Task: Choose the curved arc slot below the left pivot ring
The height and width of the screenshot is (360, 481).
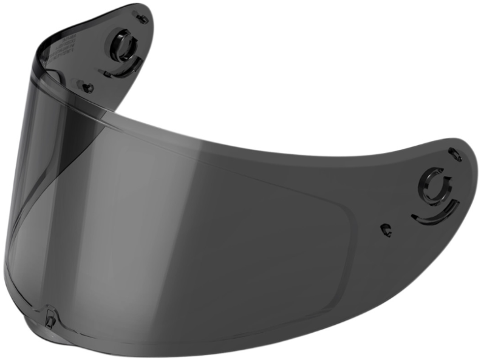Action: coord(125,70)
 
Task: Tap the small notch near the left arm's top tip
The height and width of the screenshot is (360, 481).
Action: coord(142,18)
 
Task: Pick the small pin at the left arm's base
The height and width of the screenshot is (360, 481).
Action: coord(88,87)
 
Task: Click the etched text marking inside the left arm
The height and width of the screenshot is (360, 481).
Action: coord(61,49)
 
